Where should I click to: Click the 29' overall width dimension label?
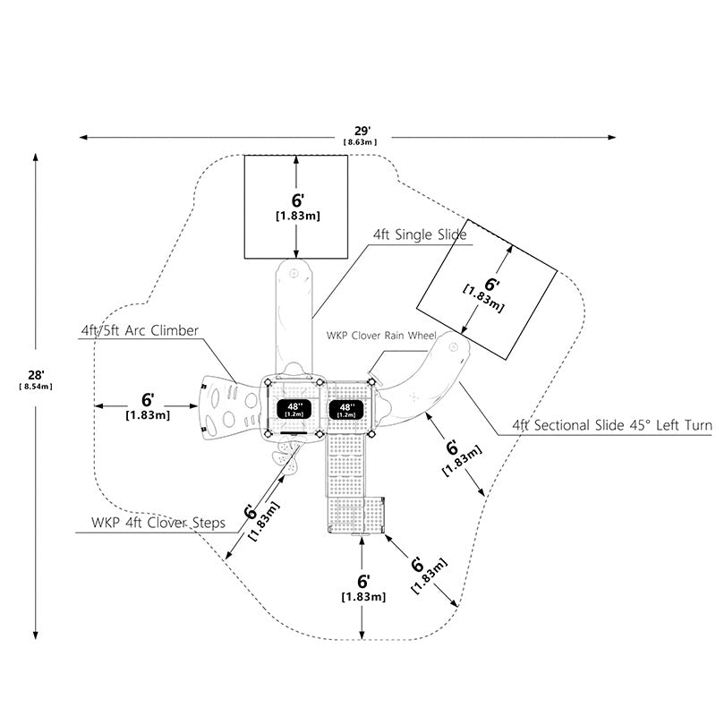[362, 132]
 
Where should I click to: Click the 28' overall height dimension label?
[36, 375]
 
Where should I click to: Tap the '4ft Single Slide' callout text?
[420, 234]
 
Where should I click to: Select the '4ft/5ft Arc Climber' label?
[140, 330]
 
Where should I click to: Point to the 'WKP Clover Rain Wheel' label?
[381, 336]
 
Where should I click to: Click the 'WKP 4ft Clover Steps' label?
[158, 523]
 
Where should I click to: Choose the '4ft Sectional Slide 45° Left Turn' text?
[612, 426]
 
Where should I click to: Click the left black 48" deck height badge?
[294, 409]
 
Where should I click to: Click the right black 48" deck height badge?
[346, 409]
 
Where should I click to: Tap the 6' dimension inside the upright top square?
[298, 200]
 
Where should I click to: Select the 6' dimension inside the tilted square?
[491, 285]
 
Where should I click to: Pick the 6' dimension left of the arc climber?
[148, 400]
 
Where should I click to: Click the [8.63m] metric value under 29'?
[361, 142]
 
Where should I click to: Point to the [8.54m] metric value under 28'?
[36, 387]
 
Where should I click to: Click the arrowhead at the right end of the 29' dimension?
[612, 137]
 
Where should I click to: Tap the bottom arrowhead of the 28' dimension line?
[36, 635]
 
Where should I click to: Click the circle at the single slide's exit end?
[294, 273]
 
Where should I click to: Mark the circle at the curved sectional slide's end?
[453, 347]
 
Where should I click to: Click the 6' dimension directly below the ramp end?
[363, 582]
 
